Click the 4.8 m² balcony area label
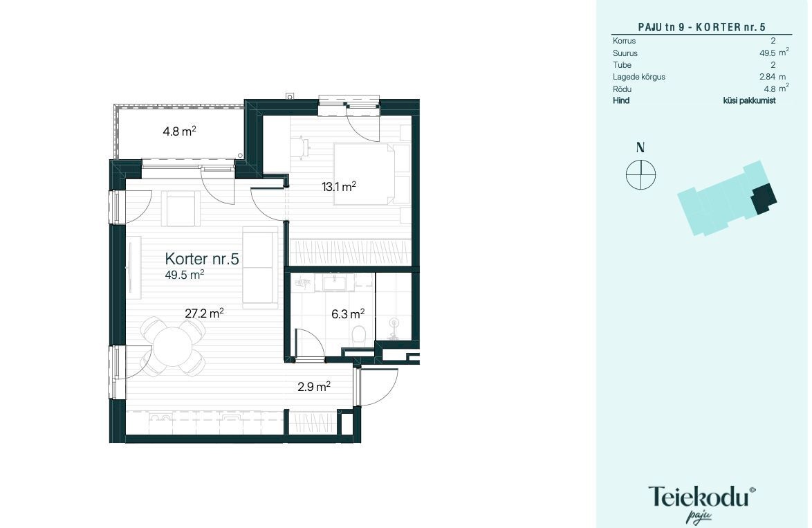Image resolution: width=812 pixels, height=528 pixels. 179,131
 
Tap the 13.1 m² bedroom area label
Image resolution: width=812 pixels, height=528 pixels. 339,186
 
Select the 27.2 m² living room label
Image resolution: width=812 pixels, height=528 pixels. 204,313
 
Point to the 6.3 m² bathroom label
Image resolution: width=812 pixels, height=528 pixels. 348,314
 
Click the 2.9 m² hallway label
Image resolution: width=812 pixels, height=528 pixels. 314,387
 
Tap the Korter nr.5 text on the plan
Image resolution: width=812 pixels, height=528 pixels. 202,259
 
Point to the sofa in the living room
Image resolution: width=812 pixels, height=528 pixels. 261,267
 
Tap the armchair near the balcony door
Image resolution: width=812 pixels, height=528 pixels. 181,208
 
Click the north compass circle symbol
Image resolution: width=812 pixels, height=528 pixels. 640,174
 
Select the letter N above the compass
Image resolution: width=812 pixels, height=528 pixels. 640,147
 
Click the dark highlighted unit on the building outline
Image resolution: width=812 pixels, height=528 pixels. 764,199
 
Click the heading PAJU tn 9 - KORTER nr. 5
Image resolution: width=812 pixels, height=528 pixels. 702,27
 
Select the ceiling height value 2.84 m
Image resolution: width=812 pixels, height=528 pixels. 773,77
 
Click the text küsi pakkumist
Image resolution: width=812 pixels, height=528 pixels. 749,100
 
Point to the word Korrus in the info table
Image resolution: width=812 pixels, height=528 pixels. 624,40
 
